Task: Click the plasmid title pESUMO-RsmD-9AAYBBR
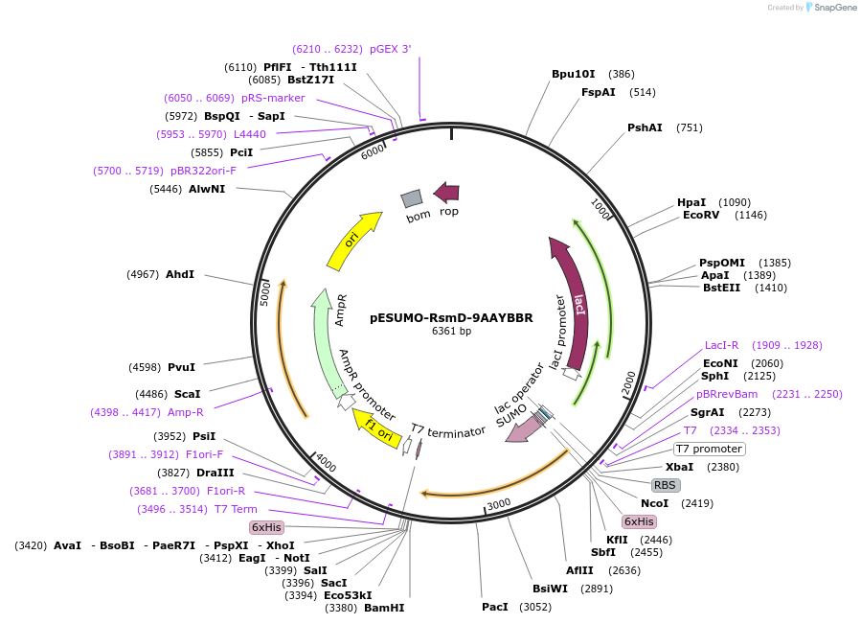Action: pyautogui.click(x=451, y=317)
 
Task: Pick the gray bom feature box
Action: pyautogui.click(x=412, y=198)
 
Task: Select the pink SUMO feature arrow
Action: pyautogui.click(x=522, y=428)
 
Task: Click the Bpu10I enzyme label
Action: pyautogui.click(x=573, y=74)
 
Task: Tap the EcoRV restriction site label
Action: pyautogui.click(x=700, y=215)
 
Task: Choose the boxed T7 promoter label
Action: pyautogui.click(x=709, y=449)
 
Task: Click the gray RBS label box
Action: pyautogui.click(x=665, y=485)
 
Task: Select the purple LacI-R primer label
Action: pyautogui.click(x=721, y=345)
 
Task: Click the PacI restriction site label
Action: pyautogui.click(x=495, y=607)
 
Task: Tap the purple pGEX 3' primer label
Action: pyautogui.click(x=390, y=49)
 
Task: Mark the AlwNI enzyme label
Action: pyautogui.click(x=206, y=189)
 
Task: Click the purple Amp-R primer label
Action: pyautogui.click(x=186, y=412)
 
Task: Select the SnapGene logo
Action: pyautogui.click(x=830, y=7)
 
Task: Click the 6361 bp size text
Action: pyautogui.click(x=451, y=332)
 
